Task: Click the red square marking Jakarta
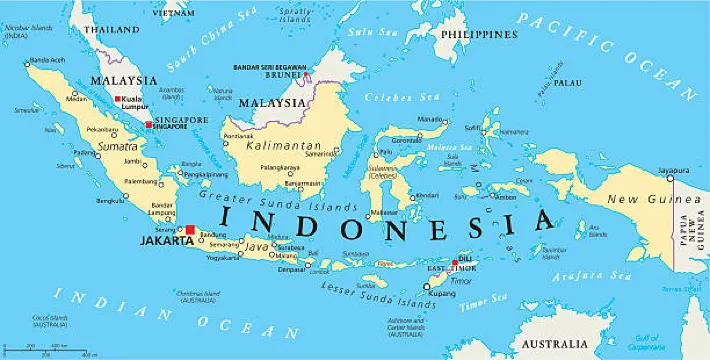(190, 229)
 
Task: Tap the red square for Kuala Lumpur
(118, 99)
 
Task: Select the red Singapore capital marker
(149, 125)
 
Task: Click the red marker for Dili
(456, 263)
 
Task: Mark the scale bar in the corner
(60, 348)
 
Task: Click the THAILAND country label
(112, 30)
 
